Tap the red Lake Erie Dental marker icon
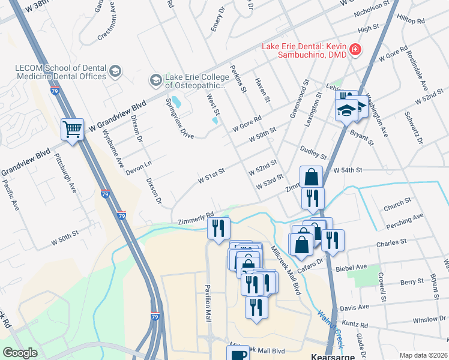tap(355, 49)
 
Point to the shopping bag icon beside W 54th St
tap(312, 177)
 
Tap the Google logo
tap(20, 353)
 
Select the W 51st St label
tap(211, 176)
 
